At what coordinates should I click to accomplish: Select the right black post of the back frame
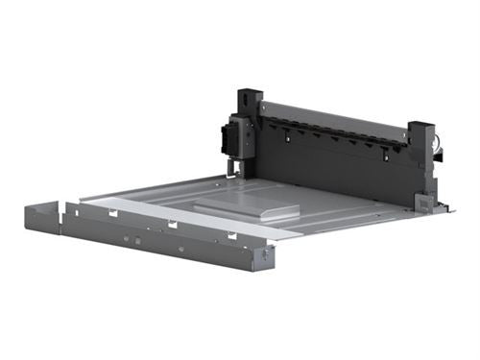(x=421, y=154)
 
